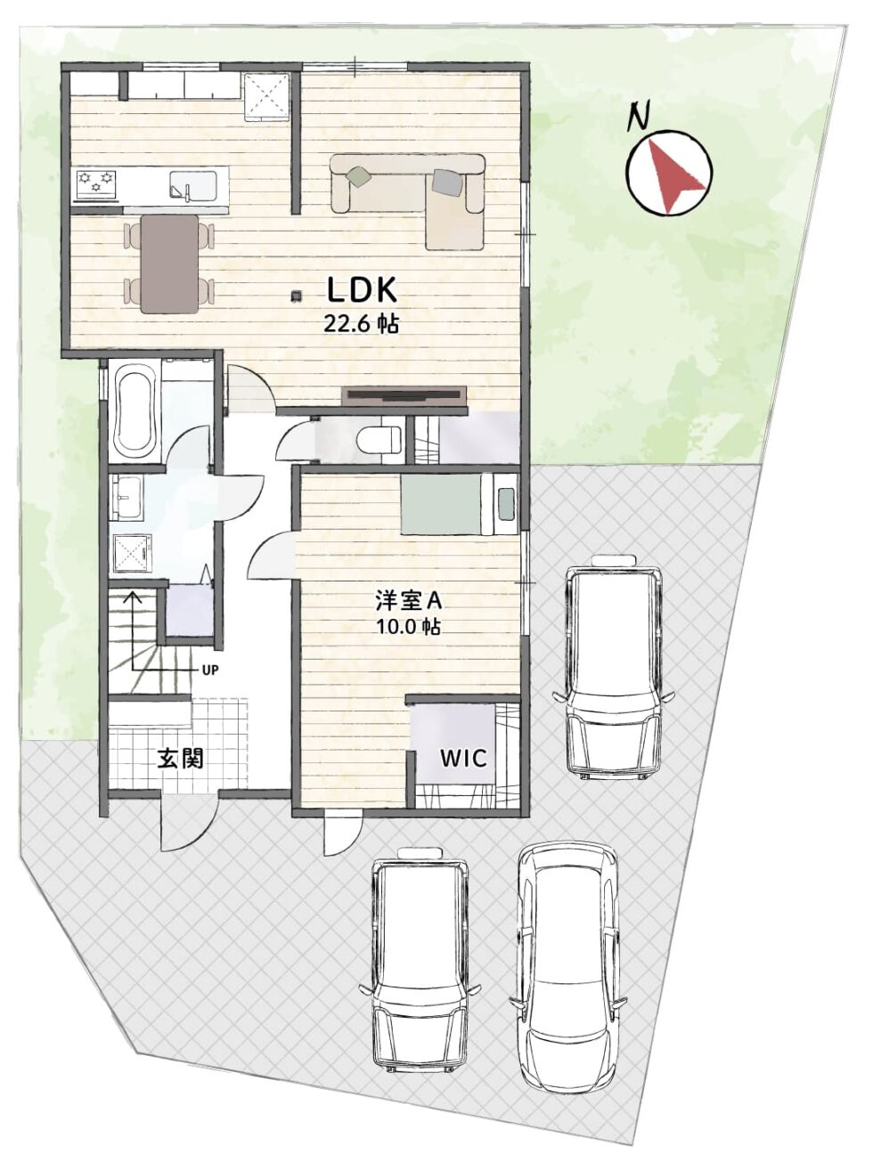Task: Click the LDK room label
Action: [x=362, y=290]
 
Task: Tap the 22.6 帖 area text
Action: [x=361, y=324]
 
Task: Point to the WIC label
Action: [x=464, y=759]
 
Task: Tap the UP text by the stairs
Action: [x=209, y=670]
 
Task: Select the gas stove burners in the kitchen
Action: [x=96, y=183]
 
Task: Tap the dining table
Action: [x=169, y=264]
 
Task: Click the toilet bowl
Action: [x=378, y=438]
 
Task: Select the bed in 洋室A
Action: [x=459, y=505]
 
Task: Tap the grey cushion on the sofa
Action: [x=448, y=183]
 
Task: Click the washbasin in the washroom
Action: [x=126, y=498]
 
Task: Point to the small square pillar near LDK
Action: [x=297, y=295]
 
